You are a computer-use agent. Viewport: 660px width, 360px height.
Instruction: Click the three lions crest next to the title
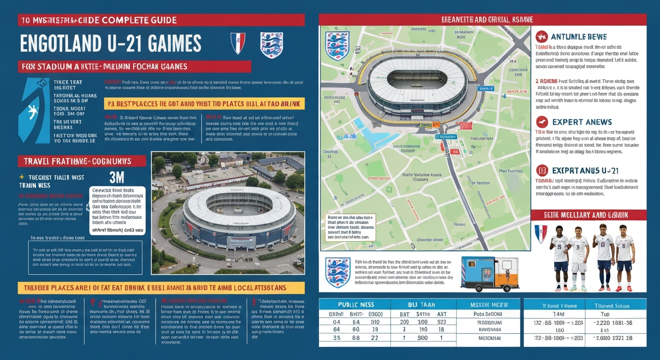coord(271,45)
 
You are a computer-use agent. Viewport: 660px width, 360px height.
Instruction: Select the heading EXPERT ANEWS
coord(582,122)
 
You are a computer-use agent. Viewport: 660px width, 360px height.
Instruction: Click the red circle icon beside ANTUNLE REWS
coord(541,36)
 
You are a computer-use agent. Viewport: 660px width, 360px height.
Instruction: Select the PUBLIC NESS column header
coord(350,304)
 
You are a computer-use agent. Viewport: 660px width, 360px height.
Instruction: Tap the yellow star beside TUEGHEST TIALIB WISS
coord(22,178)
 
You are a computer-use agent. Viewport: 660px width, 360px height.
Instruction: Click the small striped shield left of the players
coord(540,233)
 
